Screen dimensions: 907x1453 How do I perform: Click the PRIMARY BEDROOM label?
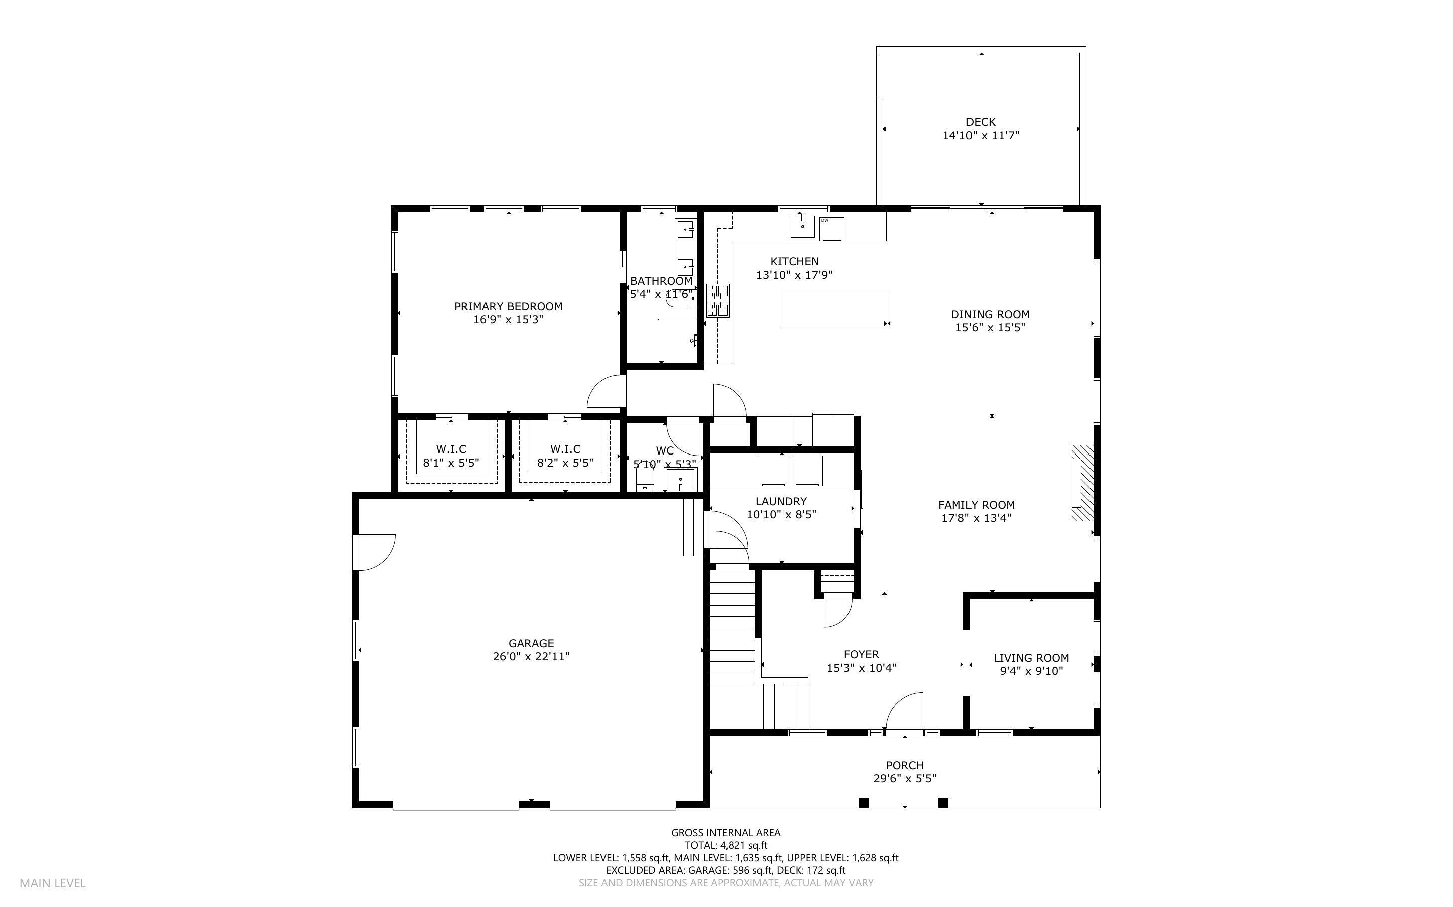pyautogui.click(x=508, y=306)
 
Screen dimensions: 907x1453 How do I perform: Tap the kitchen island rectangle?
pyautogui.click(x=835, y=309)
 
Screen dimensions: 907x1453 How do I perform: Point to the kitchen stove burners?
pyautogui.click(x=718, y=300)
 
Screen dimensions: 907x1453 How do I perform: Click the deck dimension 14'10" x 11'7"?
pyautogui.click(x=981, y=136)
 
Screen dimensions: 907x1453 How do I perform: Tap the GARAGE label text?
pyautogui.click(x=531, y=643)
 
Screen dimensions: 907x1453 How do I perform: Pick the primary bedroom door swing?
pyautogui.click(x=605, y=392)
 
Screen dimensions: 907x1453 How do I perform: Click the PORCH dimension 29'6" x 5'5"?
pyautogui.click(x=904, y=779)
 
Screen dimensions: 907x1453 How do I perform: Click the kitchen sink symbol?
pyautogui.click(x=802, y=227)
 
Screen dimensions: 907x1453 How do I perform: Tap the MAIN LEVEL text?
pyautogui.click(x=53, y=883)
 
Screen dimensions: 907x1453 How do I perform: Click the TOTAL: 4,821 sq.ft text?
pyautogui.click(x=725, y=845)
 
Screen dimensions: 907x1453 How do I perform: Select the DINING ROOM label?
pyautogui.click(x=990, y=314)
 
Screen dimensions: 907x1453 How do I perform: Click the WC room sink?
pyautogui.click(x=681, y=479)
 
